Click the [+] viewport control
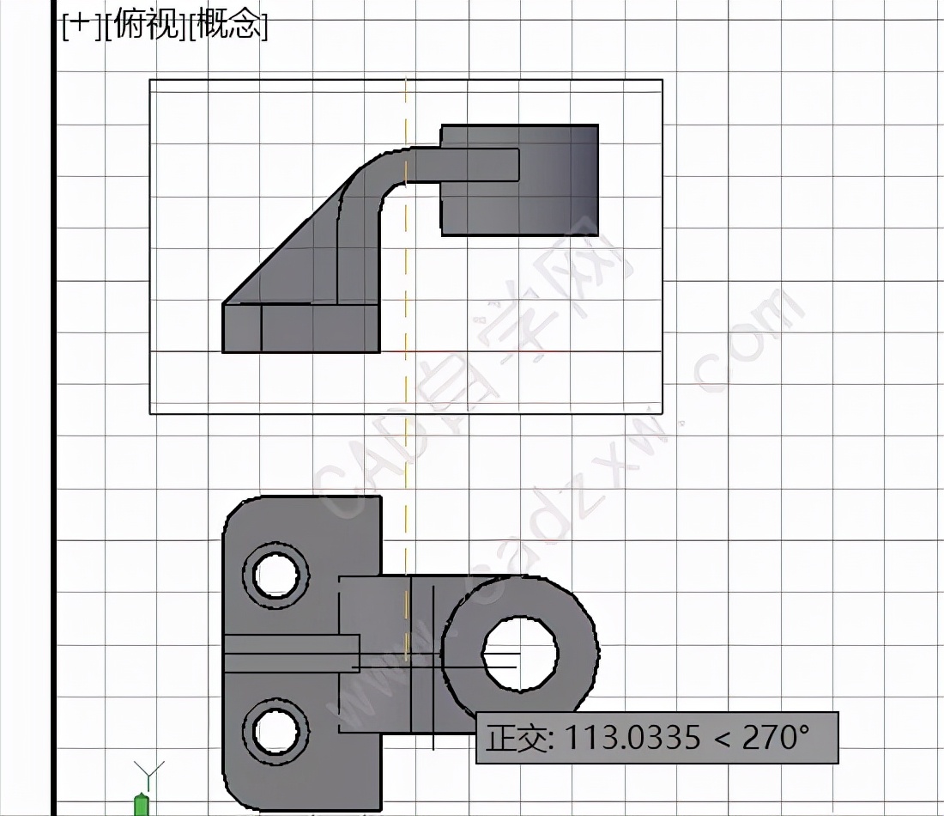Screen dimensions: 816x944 [77, 27]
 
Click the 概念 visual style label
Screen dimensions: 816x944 [227, 27]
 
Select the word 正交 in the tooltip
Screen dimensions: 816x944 [512, 738]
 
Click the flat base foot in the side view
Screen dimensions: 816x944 [300, 328]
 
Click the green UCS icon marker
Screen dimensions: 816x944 [142, 806]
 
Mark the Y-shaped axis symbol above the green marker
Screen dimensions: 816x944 [149, 770]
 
